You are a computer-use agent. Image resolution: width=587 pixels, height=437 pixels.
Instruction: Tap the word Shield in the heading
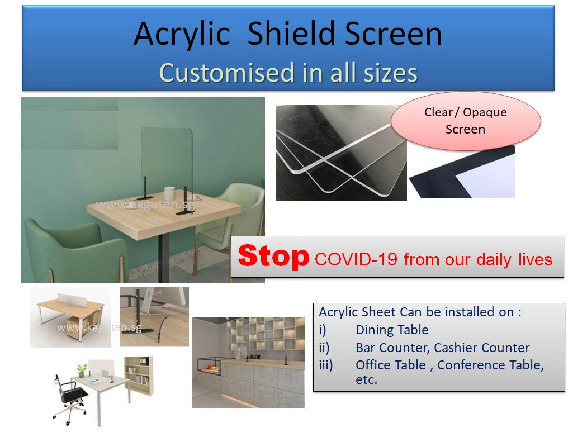pos(291,34)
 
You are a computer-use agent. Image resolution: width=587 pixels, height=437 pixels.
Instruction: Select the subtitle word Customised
pos(227,73)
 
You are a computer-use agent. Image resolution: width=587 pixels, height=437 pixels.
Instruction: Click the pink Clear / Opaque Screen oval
pos(466,121)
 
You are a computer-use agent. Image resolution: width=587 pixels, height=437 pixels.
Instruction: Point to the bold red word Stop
pos(274,256)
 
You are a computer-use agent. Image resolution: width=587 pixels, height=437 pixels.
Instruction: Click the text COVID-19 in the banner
pos(356,259)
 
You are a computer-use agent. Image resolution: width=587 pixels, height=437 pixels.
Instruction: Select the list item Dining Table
pos(392,330)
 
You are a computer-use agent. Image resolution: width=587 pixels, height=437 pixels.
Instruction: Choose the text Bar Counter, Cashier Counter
pos(443,348)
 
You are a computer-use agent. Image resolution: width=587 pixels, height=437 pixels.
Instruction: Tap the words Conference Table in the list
pos(490,365)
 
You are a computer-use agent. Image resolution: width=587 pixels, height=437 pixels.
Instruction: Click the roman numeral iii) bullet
pos(325,365)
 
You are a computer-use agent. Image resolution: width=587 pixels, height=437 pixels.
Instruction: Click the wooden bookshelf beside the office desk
pos(139,376)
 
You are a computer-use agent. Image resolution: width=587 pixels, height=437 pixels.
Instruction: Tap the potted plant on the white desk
pos(82,369)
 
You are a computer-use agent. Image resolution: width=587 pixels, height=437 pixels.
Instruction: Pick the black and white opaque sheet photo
pos(462,172)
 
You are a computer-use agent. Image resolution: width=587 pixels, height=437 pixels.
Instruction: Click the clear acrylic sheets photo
pos(342,153)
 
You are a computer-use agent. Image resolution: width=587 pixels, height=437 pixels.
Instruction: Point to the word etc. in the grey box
pos(367,380)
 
